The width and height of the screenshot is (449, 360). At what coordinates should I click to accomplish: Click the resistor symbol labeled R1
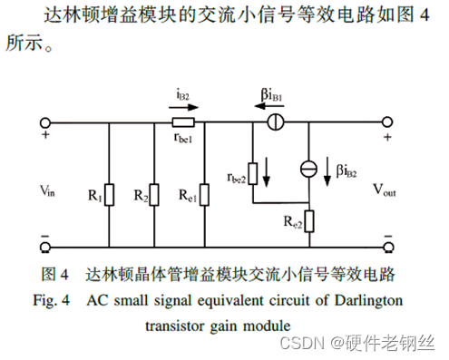click(x=109, y=194)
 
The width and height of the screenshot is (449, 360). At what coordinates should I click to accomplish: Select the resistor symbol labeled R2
click(x=152, y=194)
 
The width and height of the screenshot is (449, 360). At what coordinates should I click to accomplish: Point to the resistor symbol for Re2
click(x=309, y=220)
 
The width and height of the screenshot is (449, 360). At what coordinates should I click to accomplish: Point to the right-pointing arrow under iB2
click(x=181, y=106)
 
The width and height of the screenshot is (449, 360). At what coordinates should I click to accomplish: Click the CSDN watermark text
click(x=305, y=342)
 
